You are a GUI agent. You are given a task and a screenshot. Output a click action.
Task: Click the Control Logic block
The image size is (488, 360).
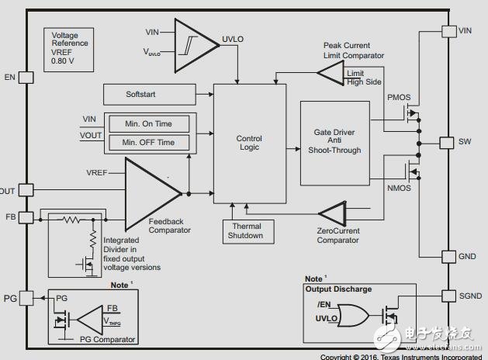point(249,143)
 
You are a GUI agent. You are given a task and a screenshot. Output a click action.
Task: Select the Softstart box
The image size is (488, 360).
point(150,94)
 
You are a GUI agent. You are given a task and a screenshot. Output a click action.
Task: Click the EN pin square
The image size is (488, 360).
point(25,77)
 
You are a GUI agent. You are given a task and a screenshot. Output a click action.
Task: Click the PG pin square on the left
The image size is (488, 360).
point(26,297)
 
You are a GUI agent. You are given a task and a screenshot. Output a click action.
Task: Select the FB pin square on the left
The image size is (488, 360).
point(26,217)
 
